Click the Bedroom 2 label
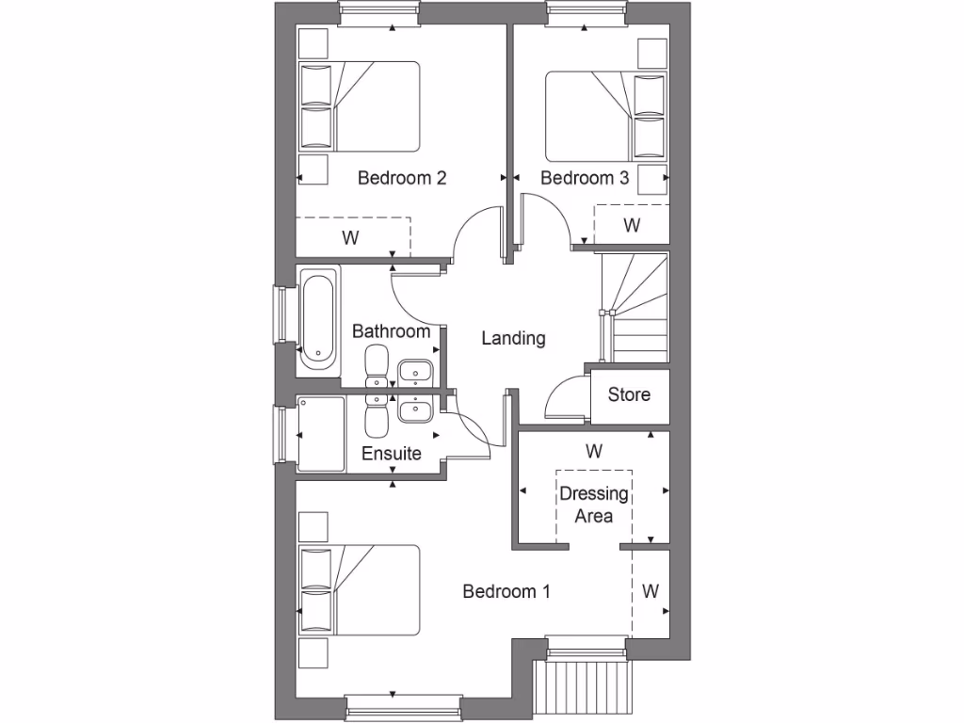point(401,178)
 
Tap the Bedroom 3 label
point(584,178)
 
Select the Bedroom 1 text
point(506,591)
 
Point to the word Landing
point(513,338)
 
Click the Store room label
point(629,394)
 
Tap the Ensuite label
point(392,454)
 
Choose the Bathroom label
point(391,331)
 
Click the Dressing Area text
point(594,505)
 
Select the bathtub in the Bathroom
point(318,320)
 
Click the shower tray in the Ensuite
point(321,433)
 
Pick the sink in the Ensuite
point(414,410)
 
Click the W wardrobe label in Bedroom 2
point(350,237)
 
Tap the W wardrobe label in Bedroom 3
point(632,226)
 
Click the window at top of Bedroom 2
point(378,13)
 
